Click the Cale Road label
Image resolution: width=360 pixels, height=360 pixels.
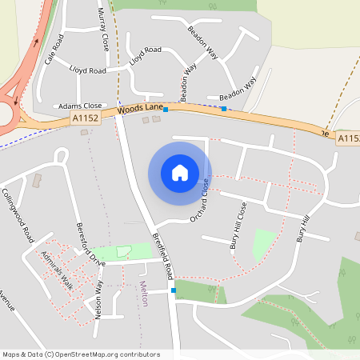coord(54,50)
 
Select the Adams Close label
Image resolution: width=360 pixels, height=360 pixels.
coord(80,106)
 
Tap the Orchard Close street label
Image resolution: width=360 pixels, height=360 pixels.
coord(199,201)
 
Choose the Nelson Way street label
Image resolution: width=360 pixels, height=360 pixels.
coord(99,301)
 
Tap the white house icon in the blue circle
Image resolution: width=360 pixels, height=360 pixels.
coord(180,172)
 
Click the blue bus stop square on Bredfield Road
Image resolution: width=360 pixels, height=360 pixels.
coord(173,291)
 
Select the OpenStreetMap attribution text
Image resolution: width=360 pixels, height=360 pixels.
coord(81,354)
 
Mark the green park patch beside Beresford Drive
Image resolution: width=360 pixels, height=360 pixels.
coord(124,251)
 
